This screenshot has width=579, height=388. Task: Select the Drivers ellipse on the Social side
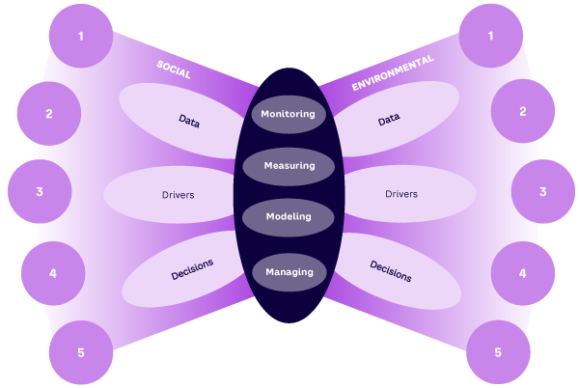[178, 195]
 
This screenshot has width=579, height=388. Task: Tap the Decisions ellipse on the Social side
[191, 270]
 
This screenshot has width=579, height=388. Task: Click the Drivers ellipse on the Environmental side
[401, 194]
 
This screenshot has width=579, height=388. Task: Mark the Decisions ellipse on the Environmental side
[391, 271]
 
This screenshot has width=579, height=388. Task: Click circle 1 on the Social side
[81, 36]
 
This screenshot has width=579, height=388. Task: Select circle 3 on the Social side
[40, 191]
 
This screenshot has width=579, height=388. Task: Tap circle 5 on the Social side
[81, 352]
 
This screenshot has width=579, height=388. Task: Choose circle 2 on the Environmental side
[523, 111]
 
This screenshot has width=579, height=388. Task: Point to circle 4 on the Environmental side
[523, 273]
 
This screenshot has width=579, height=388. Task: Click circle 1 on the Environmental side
[491, 36]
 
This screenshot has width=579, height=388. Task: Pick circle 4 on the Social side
[53, 273]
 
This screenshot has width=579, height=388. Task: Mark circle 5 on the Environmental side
[498, 352]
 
